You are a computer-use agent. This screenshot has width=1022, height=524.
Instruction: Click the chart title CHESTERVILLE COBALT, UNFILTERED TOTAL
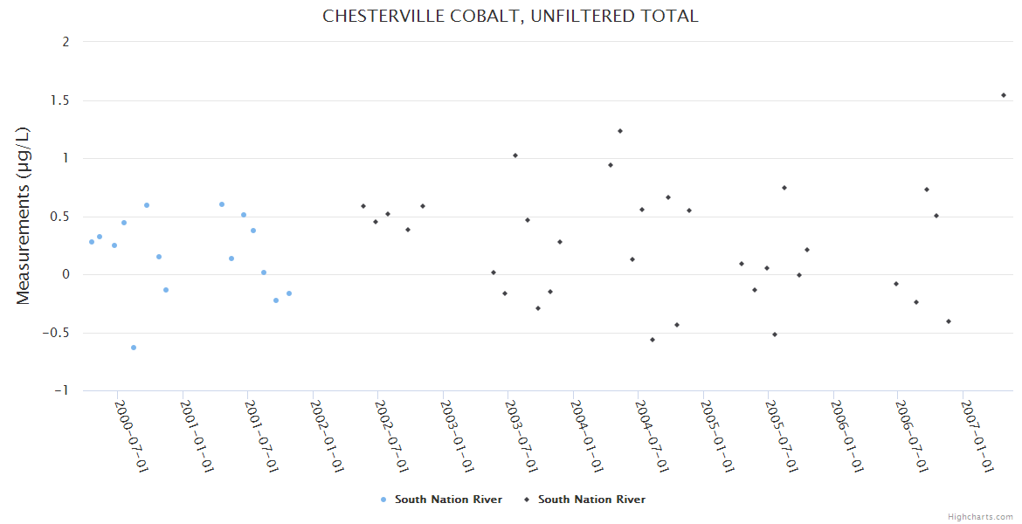coord(510,17)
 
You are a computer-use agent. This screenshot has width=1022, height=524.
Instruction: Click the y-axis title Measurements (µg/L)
coord(24,215)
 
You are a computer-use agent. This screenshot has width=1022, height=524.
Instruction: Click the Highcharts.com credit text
coord(980,516)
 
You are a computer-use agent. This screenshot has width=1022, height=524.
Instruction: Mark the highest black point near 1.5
coord(1004,95)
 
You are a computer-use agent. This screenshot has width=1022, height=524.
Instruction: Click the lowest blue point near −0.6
coord(134,348)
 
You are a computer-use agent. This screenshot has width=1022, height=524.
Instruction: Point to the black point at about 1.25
coord(620,131)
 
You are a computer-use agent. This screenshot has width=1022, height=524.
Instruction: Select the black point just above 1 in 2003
coord(515,155)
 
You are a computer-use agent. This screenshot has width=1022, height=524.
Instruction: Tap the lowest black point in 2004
coord(653,340)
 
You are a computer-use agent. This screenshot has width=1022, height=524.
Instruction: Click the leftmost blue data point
coord(92,242)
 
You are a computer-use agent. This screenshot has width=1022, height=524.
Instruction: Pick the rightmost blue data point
coord(289,293)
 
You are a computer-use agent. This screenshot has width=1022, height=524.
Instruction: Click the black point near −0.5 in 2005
coord(775,334)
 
